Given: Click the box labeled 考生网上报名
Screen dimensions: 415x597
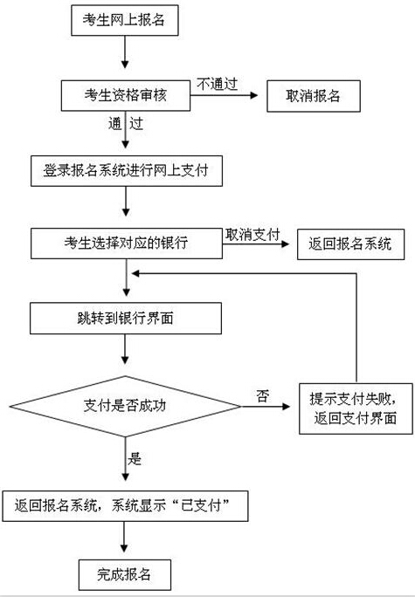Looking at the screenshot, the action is click(125, 21).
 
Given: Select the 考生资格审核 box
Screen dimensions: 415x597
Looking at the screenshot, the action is click(126, 95).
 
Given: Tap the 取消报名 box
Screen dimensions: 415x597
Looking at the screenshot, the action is click(314, 96).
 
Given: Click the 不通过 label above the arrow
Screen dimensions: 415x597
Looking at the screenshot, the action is click(218, 84).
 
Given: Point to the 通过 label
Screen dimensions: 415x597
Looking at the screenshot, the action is click(126, 124).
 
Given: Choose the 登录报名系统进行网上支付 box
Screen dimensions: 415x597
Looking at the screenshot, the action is click(127, 171).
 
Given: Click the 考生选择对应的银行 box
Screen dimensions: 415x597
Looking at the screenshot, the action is click(127, 244).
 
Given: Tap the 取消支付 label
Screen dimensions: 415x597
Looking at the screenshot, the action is click(252, 235).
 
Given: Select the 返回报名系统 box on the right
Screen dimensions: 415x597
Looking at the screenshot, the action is click(350, 244).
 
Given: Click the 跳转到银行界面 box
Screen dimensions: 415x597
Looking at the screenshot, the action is click(126, 319).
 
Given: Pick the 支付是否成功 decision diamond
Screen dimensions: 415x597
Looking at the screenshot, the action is click(126, 407).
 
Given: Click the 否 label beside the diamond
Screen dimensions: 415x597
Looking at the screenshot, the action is click(263, 396).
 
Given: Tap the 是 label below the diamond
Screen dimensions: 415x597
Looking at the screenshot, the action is click(135, 459).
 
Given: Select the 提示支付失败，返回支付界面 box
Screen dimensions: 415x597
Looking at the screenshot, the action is click(356, 409).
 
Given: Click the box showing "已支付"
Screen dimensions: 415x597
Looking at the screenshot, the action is click(126, 506).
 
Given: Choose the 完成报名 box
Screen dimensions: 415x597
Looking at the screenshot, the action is click(125, 575).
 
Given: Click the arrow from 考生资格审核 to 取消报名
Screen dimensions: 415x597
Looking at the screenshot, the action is click(225, 95).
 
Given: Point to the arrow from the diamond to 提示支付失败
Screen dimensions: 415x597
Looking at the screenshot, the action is click(266, 407).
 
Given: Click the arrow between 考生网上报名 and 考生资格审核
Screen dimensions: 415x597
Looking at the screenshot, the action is click(125, 52).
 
